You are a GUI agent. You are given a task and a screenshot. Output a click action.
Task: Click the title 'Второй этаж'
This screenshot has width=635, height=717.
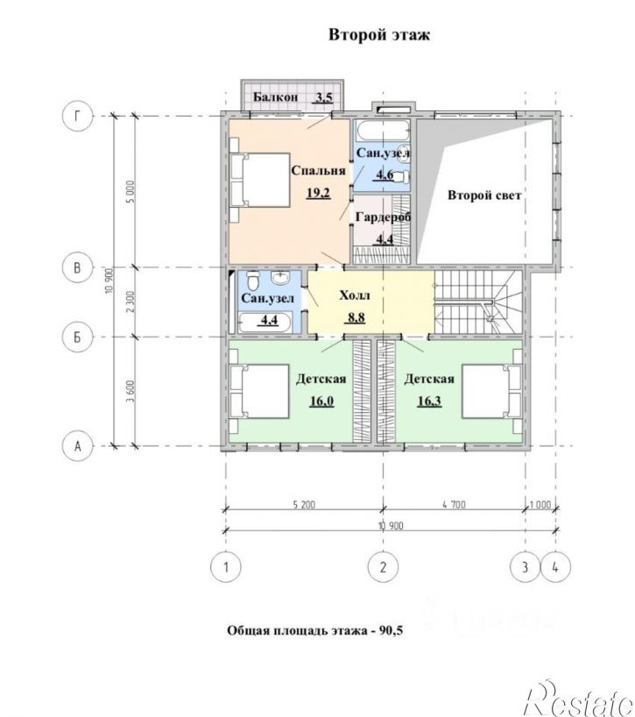pos(379,35)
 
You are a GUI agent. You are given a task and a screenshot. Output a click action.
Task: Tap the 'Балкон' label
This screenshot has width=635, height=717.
pos(276,97)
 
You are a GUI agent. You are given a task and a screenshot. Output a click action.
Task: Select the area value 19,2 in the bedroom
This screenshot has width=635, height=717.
pos(318,193)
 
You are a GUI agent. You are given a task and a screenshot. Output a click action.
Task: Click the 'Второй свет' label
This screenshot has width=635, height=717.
pos(484,195)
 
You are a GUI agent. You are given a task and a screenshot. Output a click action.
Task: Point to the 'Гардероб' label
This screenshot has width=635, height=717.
pos(384,217)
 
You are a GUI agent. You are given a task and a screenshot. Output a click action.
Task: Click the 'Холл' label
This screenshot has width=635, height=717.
pos(355,295)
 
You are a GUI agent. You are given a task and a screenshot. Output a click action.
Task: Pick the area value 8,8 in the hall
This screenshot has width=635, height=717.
pos(355,317)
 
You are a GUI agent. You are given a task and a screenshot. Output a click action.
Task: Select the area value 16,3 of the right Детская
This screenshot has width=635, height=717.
pos(429,401)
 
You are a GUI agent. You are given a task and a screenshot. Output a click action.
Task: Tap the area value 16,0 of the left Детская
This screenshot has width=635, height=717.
pos(321,401)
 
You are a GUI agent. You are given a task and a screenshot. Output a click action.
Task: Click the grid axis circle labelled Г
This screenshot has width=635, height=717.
pos(77,117)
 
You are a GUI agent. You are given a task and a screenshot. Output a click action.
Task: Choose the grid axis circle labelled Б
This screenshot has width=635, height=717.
pos(77,337)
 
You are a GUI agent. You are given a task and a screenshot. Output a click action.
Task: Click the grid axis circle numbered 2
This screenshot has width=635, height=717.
pos(383,567)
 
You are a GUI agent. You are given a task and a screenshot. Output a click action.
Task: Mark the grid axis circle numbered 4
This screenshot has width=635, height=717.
pos(555,567)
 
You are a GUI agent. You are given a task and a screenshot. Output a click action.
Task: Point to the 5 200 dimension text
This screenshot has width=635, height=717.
pos(302,505)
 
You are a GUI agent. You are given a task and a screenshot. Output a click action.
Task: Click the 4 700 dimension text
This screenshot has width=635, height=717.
pos(454,505)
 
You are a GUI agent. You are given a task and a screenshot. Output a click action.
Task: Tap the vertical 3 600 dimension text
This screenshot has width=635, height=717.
pos(131,392)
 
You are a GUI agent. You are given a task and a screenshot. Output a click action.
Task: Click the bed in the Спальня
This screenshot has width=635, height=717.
pos(260,181)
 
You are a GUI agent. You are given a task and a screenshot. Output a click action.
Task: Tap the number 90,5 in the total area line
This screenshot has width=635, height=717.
pos(391,631)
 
